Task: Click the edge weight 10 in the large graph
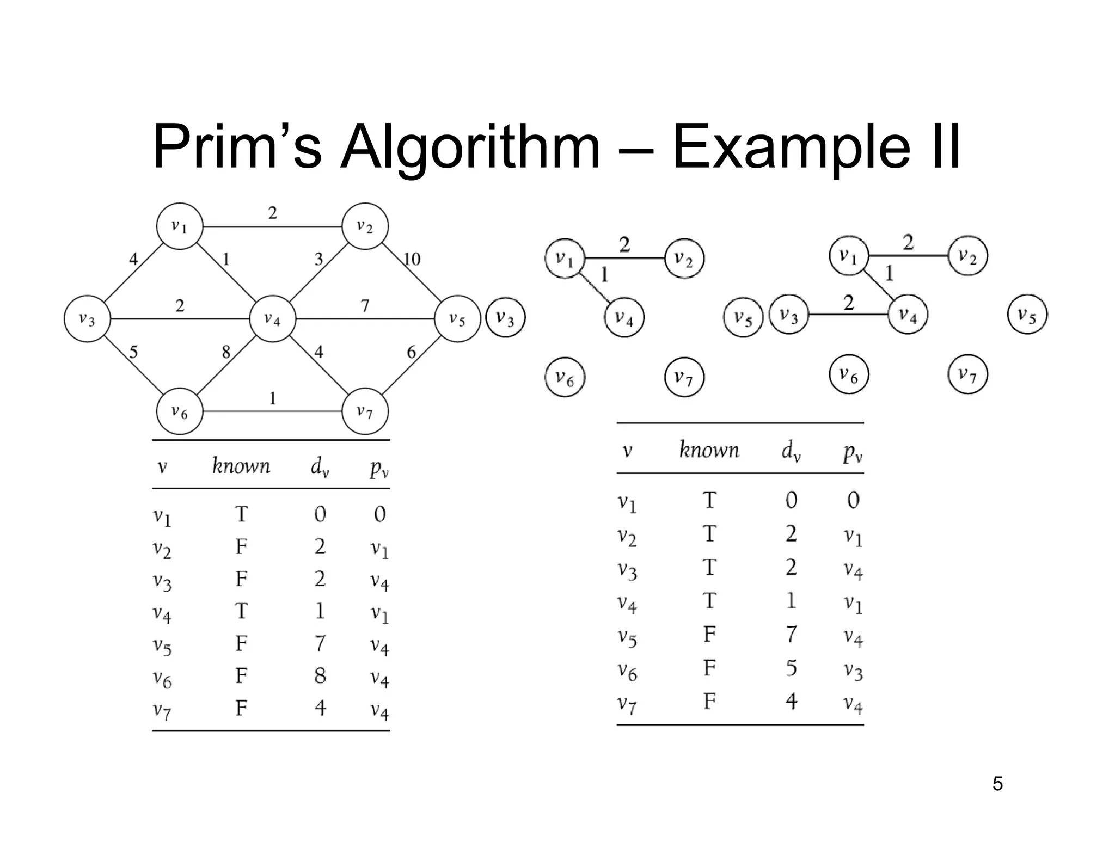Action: click(412, 259)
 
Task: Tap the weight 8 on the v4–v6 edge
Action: click(226, 352)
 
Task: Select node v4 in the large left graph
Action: click(272, 319)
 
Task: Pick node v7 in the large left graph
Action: click(365, 411)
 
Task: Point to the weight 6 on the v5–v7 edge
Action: click(412, 352)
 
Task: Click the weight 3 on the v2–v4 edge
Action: click(318, 259)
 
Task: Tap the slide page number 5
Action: click(997, 784)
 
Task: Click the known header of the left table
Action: click(241, 466)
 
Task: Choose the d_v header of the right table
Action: click(791, 451)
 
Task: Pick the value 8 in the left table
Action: click(320, 675)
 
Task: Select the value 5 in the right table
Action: click(791, 668)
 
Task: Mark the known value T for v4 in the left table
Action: click(241, 611)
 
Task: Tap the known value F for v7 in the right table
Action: click(709, 702)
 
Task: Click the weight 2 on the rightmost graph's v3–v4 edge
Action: click(848, 303)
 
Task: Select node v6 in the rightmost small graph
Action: click(848, 374)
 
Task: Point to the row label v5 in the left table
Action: click(162, 646)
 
